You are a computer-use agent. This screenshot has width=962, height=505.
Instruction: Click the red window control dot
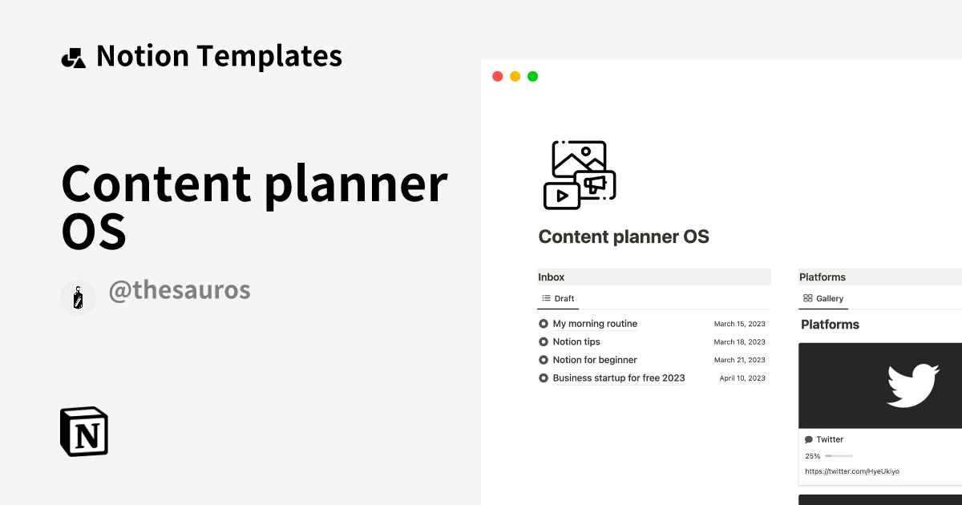point(497,77)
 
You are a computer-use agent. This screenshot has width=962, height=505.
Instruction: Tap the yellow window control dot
point(515,77)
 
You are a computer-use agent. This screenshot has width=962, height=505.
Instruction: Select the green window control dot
point(532,77)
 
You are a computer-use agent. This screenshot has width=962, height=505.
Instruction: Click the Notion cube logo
point(84,431)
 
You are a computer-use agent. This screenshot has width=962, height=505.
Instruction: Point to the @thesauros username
point(179,291)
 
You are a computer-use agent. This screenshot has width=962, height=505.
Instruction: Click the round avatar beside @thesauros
point(78,297)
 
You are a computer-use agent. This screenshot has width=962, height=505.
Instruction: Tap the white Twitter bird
point(912,386)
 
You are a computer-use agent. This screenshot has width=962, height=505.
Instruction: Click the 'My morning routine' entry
point(595,324)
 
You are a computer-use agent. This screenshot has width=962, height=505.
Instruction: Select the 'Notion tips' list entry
point(576,342)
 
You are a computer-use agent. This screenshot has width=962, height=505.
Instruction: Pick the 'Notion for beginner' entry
point(595,360)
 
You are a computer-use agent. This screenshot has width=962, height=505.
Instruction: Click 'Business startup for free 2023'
point(619,378)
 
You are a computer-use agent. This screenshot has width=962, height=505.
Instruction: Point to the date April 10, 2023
point(742,378)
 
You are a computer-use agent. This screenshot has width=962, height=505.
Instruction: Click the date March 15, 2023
point(739,324)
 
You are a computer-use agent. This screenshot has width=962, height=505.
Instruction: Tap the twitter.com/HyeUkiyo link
point(852,471)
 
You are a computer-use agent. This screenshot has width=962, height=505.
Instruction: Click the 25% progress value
point(813,456)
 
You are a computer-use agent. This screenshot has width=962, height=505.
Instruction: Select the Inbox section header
point(552,277)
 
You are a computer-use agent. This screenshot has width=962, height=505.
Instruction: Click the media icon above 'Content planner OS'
point(580,175)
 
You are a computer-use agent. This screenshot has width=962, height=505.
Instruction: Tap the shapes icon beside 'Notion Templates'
point(74,58)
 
